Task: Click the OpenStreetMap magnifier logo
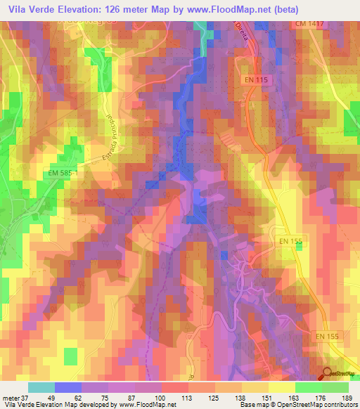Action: (x=328, y=374)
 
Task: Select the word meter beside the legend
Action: (x=11, y=397)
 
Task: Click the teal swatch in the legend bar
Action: (x=41, y=387)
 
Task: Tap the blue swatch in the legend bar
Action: (x=67, y=387)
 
